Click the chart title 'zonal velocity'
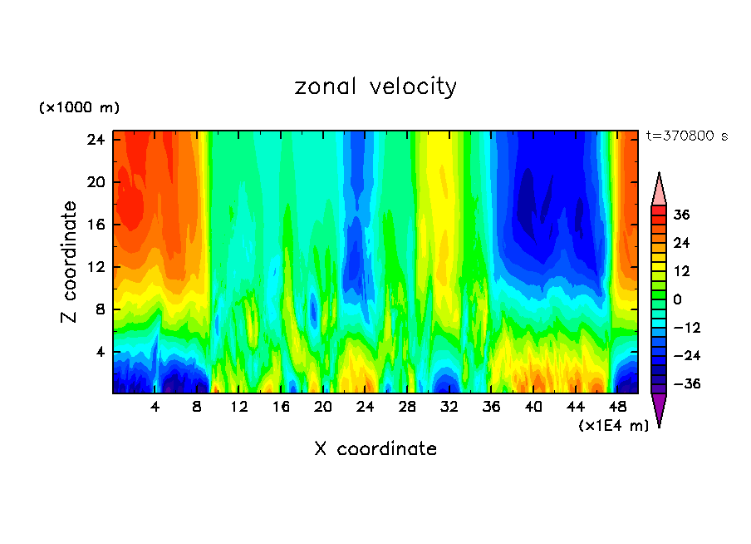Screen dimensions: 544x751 coord(375,87)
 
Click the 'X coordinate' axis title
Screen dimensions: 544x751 coord(375,449)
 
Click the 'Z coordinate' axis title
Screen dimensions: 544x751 coord(70,262)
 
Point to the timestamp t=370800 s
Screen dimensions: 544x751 coord(686,136)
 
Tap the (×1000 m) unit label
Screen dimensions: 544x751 coord(79,108)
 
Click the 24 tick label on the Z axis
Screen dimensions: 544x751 coord(96,139)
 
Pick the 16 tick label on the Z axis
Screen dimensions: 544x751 coord(96,225)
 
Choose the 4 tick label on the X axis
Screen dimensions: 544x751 coord(155,407)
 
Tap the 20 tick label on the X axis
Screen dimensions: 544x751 coord(323,407)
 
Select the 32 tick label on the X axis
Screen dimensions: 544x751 coord(449,407)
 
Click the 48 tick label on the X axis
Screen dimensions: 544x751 coord(617,407)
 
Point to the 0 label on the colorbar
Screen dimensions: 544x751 coord(678,299)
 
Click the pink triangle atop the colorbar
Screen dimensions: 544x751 coord(659,190)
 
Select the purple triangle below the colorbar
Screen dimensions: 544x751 coord(659,408)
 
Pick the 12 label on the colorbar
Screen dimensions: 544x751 coord(681,271)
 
